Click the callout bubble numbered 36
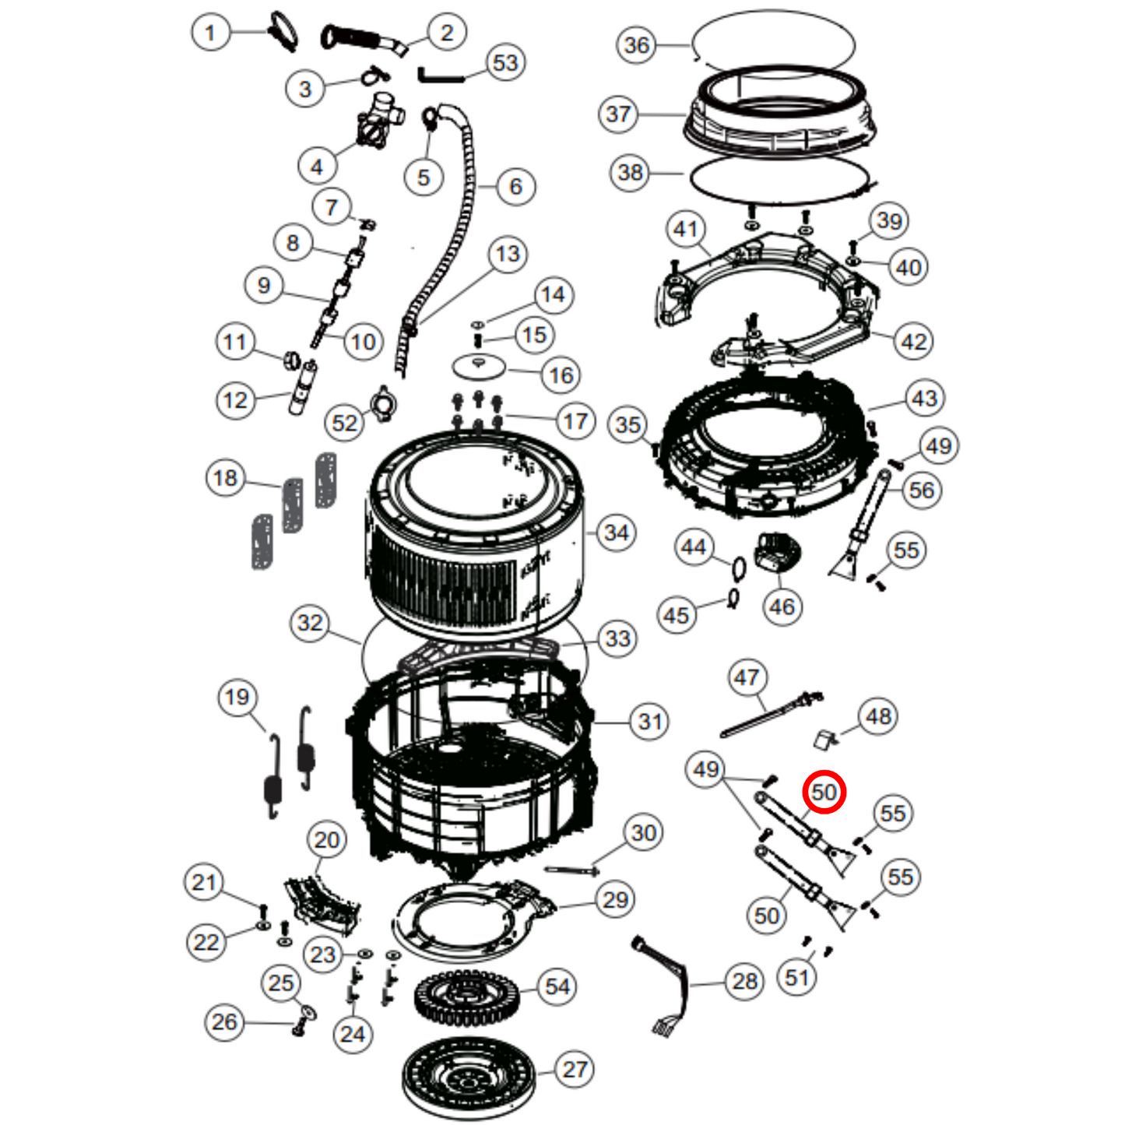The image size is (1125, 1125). click(x=636, y=45)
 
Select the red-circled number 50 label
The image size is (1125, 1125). click(x=824, y=792)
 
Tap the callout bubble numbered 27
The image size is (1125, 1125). click(x=575, y=1070)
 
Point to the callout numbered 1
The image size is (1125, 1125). click(x=209, y=33)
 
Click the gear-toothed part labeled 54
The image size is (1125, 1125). click(x=466, y=998)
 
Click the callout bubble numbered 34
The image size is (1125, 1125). click(x=616, y=533)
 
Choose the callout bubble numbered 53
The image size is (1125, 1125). click(x=505, y=62)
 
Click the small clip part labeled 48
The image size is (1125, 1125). click(x=824, y=737)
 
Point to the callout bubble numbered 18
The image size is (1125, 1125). click(x=225, y=477)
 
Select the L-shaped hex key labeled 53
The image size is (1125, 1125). click(x=439, y=76)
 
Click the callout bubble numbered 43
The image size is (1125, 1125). click(x=924, y=399)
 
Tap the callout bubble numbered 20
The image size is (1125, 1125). click(x=327, y=839)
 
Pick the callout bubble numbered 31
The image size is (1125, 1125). click(x=649, y=722)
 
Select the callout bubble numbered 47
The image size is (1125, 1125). click(x=747, y=677)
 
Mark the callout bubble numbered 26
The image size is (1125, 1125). click(x=224, y=1021)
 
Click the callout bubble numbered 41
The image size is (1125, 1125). click(x=686, y=229)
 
